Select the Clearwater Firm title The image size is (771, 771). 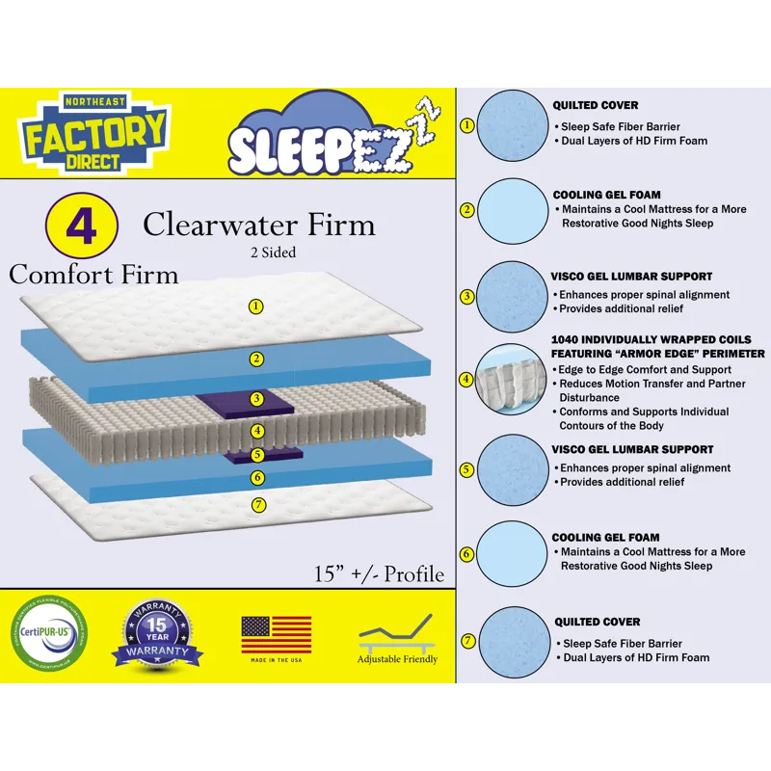coord(258,225)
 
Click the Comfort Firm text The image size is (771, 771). coord(93,274)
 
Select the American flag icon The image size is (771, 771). coord(277,633)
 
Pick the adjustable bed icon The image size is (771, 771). coord(397,635)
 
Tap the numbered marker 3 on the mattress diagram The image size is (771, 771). coord(256,398)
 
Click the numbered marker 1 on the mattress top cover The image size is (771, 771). coord(256,306)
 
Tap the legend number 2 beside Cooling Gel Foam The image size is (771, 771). coord(466,209)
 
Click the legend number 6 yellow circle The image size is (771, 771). coord(466,553)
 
